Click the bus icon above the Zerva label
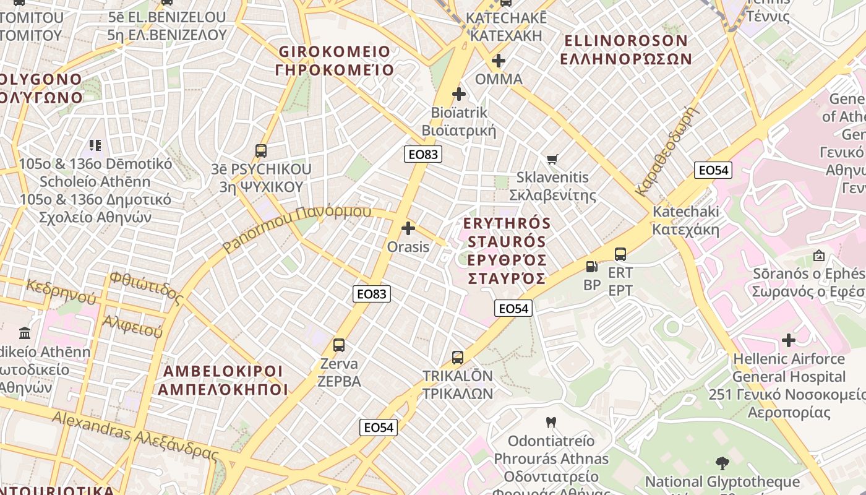point(338,345)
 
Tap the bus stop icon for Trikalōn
point(458,357)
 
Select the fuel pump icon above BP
point(592,267)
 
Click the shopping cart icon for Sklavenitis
point(552,159)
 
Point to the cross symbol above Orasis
point(408,228)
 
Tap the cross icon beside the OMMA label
point(499,61)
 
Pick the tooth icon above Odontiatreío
point(551,423)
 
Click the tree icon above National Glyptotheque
point(722,463)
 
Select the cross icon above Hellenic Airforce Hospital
point(789,340)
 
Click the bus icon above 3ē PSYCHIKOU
point(261,151)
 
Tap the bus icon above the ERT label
point(620,254)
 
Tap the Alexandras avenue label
point(93,426)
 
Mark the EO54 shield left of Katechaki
point(713,170)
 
